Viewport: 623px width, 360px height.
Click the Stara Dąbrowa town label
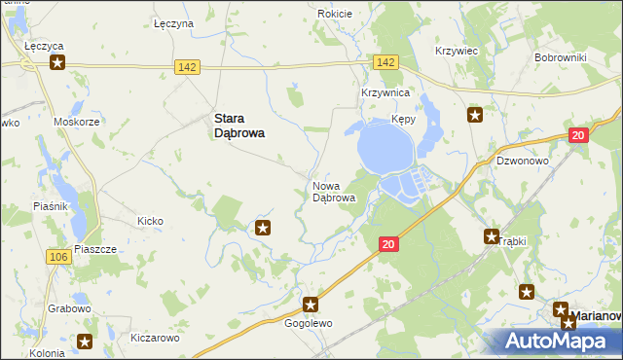[239, 126]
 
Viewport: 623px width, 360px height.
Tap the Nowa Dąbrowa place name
[334, 191]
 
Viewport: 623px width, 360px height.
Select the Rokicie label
[334, 14]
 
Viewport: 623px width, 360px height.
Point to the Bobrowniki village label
[560, 57]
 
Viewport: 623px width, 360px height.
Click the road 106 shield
[57, 256]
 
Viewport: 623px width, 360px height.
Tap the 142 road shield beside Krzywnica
[385, 62]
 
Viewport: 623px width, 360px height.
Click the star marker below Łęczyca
[57, 64]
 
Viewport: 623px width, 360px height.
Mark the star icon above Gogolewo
[311, 305]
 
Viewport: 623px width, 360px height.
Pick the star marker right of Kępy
[475, 116]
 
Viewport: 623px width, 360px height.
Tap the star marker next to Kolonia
[85, 342]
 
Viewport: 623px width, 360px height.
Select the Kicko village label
[150, 221]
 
